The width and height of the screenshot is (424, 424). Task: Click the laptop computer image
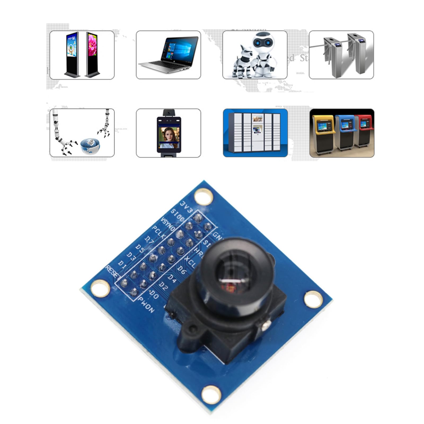168,55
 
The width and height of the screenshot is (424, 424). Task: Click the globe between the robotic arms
90,146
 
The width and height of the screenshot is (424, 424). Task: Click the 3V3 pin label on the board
186,207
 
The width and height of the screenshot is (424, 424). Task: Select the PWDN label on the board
146,304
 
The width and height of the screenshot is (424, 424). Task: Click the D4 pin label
172,279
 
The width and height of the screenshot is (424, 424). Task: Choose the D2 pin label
163,286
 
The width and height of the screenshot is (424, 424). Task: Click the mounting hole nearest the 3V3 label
203,196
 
